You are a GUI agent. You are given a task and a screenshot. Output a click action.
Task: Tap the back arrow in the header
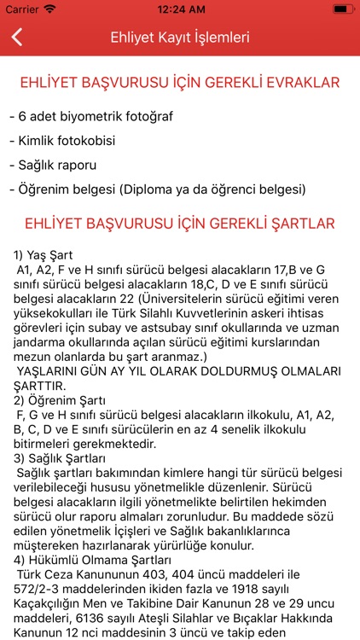pyautogui.click(x=17, y=38)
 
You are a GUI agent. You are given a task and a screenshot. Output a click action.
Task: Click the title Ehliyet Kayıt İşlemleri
pyautogui.click(x=180, y=38)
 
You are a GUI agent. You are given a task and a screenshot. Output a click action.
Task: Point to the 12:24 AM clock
pyautogui.click(x=179, y=9)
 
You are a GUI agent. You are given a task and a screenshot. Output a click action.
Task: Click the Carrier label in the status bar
pyautogui.click(x=23, y=9)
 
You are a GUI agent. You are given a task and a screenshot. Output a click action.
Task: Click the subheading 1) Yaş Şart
pyautogui.click(x=44, y=254)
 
